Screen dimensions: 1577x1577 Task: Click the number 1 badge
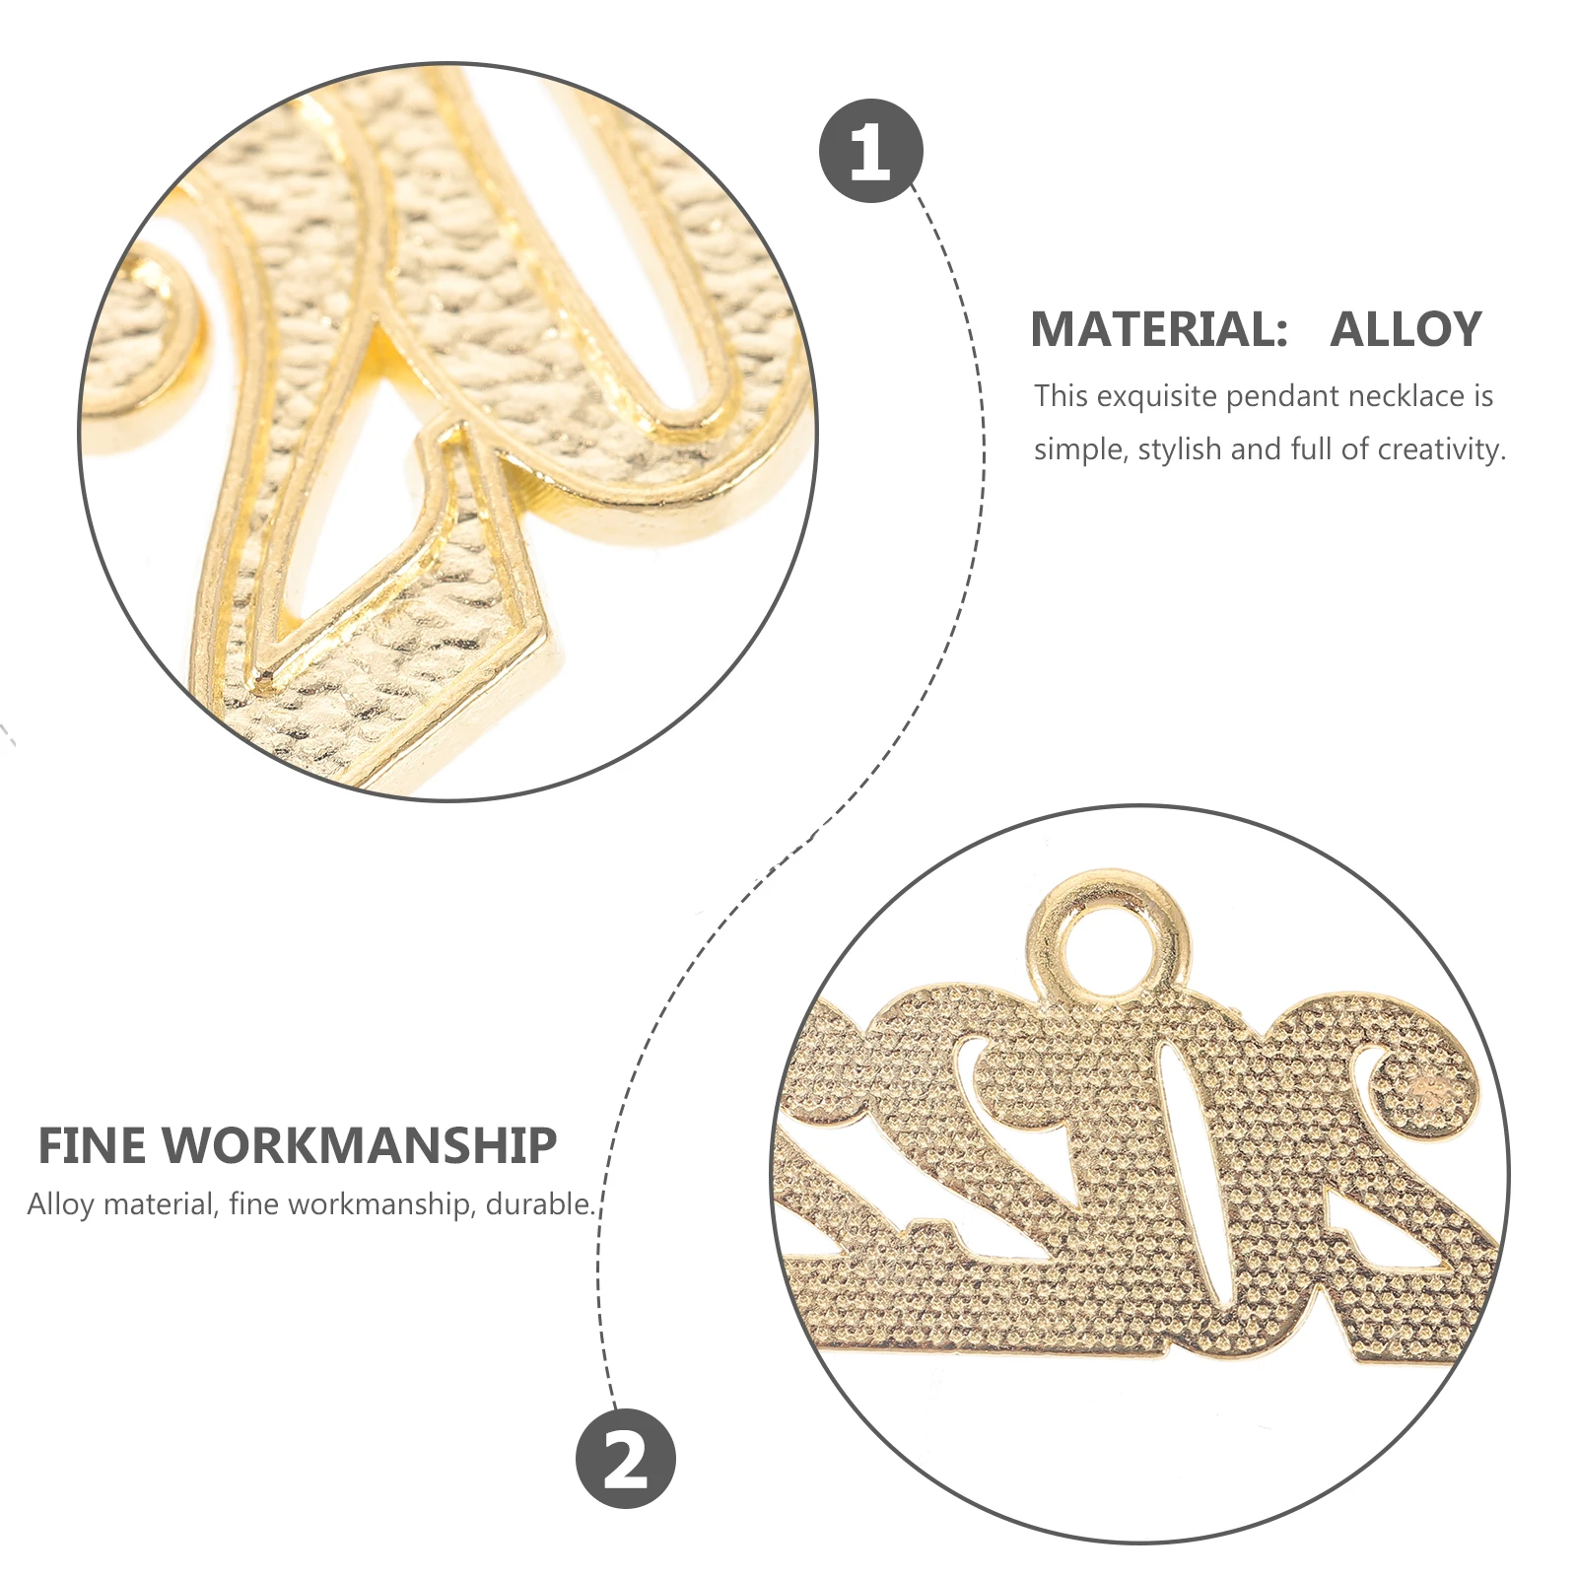click(x=870, y=151)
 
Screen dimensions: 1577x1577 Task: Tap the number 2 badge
click(x=626, y=1458)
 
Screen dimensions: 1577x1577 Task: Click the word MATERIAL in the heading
click(x=1158, y=329)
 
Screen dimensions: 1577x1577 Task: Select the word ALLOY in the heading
click(x=1406, y=329)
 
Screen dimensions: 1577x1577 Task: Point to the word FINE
click(x=93, y=1146)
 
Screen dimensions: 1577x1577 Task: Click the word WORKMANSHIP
click(x=360, y=1146)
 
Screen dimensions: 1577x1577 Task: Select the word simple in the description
click(x=1080, y=449)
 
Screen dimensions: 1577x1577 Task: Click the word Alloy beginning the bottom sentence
click(x=60, y=1204)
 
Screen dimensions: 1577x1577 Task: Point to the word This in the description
click(x=1061, y=396)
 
